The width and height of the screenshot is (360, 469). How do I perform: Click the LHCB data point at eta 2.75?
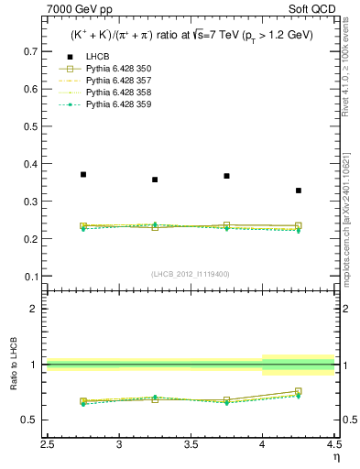coord(83,174)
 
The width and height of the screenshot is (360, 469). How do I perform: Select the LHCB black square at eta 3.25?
coord(155,180)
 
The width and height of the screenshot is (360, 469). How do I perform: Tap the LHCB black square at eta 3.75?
coord(226,176)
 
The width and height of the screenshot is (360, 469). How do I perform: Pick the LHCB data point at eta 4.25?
coord(299,191)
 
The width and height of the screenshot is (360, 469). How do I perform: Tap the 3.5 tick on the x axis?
coord(191,444)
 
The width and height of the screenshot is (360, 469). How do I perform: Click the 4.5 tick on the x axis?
coord(333,444)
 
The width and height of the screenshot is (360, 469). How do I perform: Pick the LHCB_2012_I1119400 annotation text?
coord(189,274)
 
